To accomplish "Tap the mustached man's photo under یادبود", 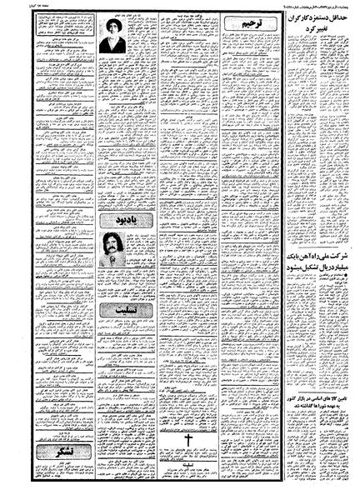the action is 110,248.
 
